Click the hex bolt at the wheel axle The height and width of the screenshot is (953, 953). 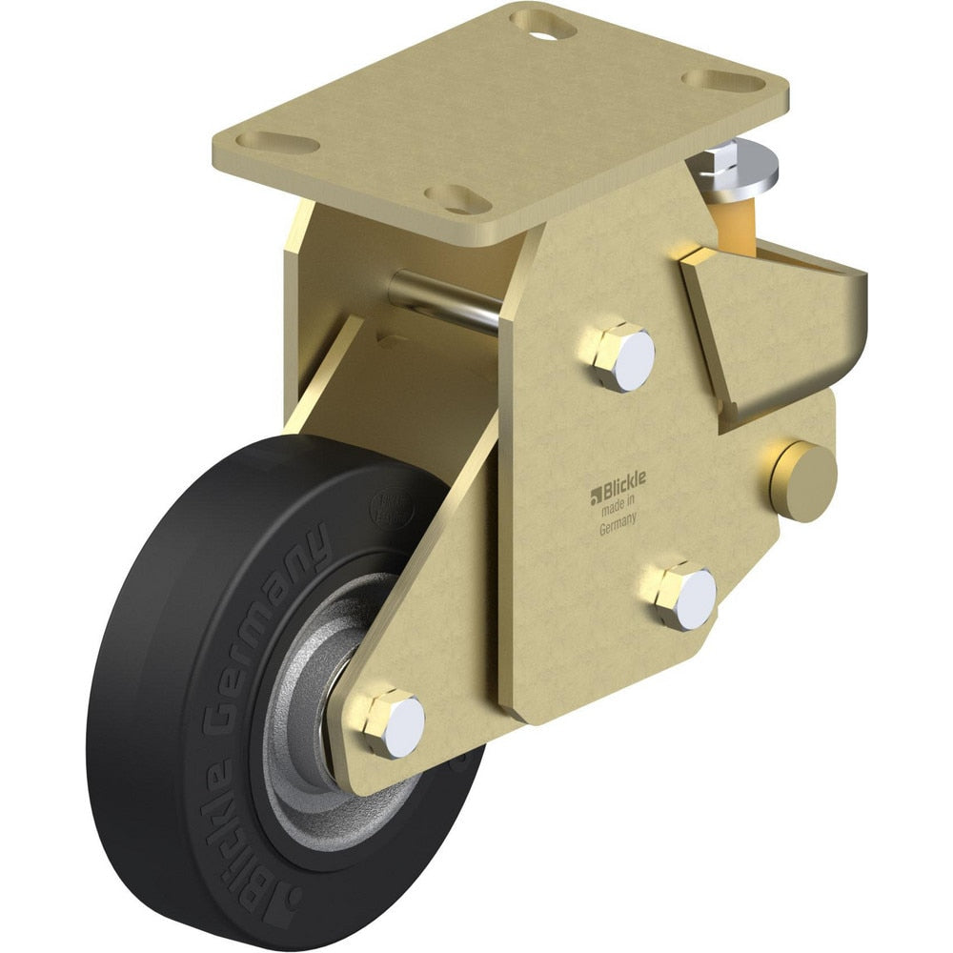pos(393,723)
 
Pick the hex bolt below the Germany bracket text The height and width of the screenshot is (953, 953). pos(685,595)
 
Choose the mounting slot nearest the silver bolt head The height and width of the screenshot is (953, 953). pos(723,79)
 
